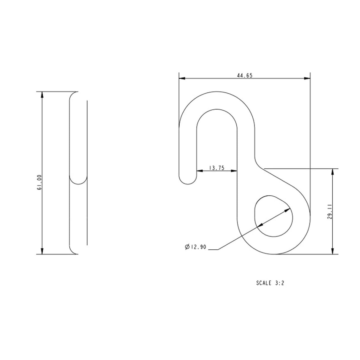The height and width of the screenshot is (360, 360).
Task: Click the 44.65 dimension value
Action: coord(244,76)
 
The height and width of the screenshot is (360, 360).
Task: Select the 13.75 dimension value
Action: coord(216,168)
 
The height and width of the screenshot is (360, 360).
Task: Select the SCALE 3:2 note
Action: coord(270,283)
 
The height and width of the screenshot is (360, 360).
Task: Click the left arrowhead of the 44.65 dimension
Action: coord(182,79)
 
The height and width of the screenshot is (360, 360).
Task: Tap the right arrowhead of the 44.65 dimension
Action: coord(307,79)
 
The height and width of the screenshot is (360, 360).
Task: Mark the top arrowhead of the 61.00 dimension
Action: coord(42,95)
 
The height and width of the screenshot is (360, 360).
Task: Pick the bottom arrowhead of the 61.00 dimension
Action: coord(42,251)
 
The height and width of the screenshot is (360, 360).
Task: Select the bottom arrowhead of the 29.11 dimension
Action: coord(332,251)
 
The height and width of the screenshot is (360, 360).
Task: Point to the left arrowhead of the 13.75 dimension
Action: coord(199,171)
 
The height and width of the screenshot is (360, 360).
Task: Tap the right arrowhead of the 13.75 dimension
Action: coord(234,171)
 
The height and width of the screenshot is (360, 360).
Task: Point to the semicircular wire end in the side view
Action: coord(78,180)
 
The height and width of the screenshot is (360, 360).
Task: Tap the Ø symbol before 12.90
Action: coord(187,247)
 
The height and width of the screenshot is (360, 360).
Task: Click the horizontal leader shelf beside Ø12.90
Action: coord(213,250)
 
